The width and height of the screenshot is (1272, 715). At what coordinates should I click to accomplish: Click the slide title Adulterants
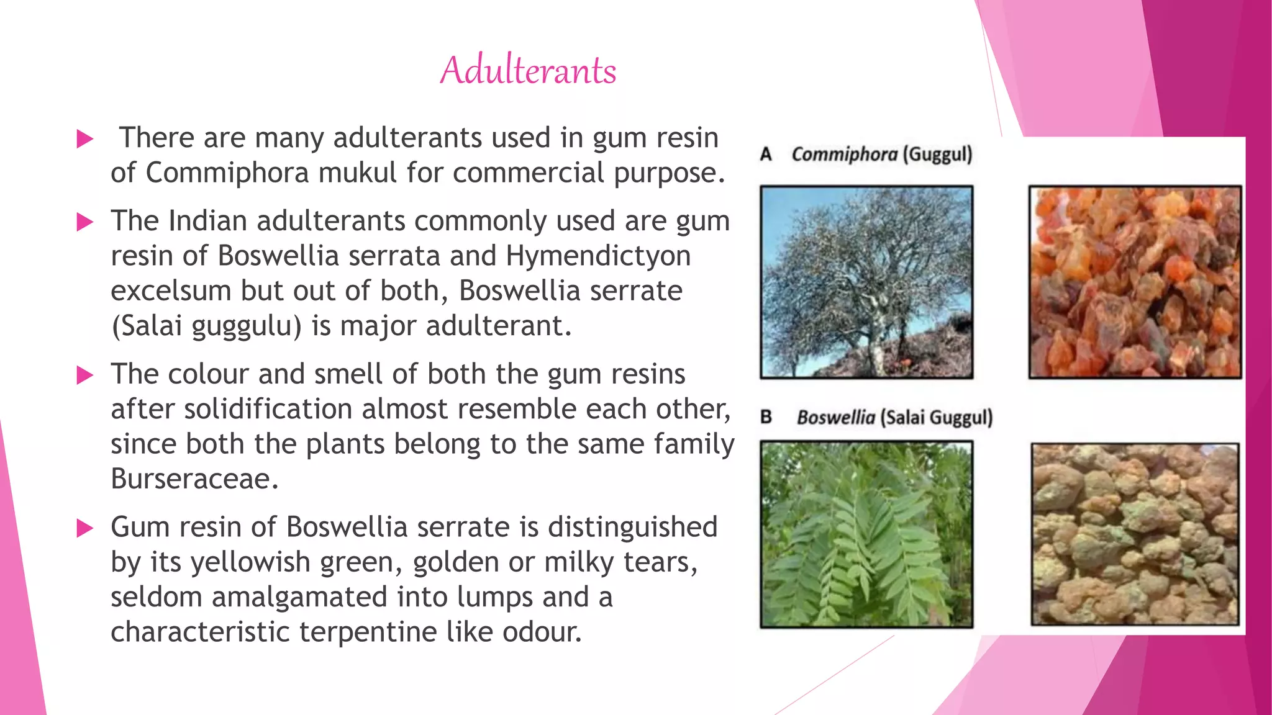528,70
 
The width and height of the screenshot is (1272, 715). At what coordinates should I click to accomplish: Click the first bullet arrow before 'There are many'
84,139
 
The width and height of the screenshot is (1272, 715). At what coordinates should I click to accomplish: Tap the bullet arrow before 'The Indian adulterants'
84,222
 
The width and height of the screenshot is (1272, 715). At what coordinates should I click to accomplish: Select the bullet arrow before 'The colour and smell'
84,375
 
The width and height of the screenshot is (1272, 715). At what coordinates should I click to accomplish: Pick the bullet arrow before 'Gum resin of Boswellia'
84,528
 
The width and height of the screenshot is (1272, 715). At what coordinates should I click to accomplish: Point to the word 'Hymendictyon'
598,256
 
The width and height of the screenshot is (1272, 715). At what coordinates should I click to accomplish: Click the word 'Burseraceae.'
194,479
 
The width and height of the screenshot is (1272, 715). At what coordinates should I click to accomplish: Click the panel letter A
766,154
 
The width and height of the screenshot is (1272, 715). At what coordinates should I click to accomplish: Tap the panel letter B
766,416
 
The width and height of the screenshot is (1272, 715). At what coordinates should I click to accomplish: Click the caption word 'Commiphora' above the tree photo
844,154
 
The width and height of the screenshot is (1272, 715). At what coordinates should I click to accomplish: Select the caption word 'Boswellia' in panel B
835,417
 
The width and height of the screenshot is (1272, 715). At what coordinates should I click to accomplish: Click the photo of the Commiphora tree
866,282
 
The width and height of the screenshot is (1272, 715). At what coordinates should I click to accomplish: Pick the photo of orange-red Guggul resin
1135,282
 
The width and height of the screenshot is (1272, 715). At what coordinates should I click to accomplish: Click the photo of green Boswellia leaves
866,534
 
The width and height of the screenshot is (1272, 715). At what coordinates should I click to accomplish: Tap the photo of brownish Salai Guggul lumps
1135,534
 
